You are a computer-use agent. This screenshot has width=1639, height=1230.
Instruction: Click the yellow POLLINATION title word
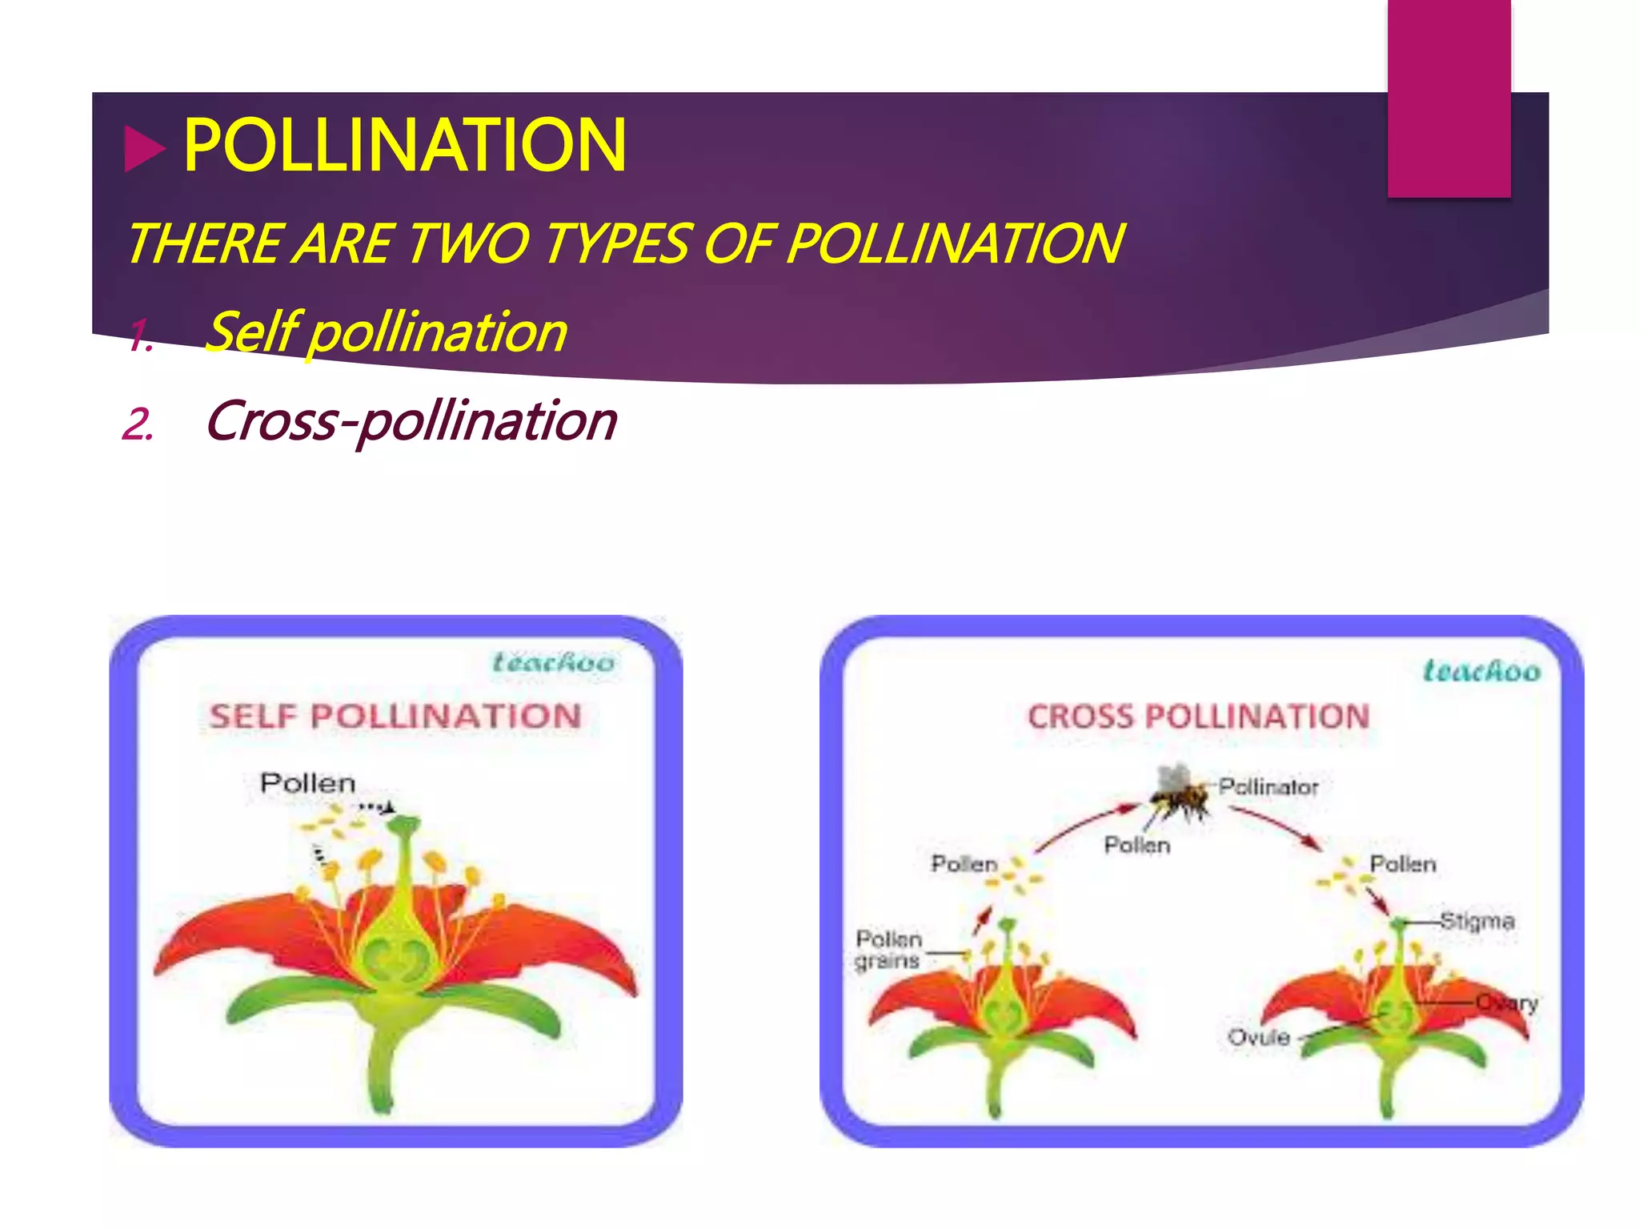point(404,146)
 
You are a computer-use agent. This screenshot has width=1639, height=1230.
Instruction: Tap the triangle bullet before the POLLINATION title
point(145,150)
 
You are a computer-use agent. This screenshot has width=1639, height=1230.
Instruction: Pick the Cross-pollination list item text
point(411,421)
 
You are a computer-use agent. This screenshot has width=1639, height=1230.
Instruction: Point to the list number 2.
point(137,424)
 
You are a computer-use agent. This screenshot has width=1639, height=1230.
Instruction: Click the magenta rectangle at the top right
point(1449,98)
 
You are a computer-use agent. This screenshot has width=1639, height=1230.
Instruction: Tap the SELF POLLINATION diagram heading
point(395,716)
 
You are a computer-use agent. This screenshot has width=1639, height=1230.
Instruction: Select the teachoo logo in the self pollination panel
point(553,663)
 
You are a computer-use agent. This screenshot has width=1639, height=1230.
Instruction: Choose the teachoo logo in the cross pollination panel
point(1481,671)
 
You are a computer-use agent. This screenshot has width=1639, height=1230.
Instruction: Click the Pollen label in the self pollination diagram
point(307,783)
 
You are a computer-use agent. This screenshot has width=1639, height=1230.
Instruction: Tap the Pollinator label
point(1268,787)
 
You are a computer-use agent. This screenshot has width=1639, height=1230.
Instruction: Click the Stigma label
point(1477,921)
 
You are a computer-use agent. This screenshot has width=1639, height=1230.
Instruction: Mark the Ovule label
point(1259,1038)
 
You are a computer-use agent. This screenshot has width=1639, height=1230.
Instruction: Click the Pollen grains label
point(888,950)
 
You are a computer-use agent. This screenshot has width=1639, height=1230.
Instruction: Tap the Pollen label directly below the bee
point(1137,845)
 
